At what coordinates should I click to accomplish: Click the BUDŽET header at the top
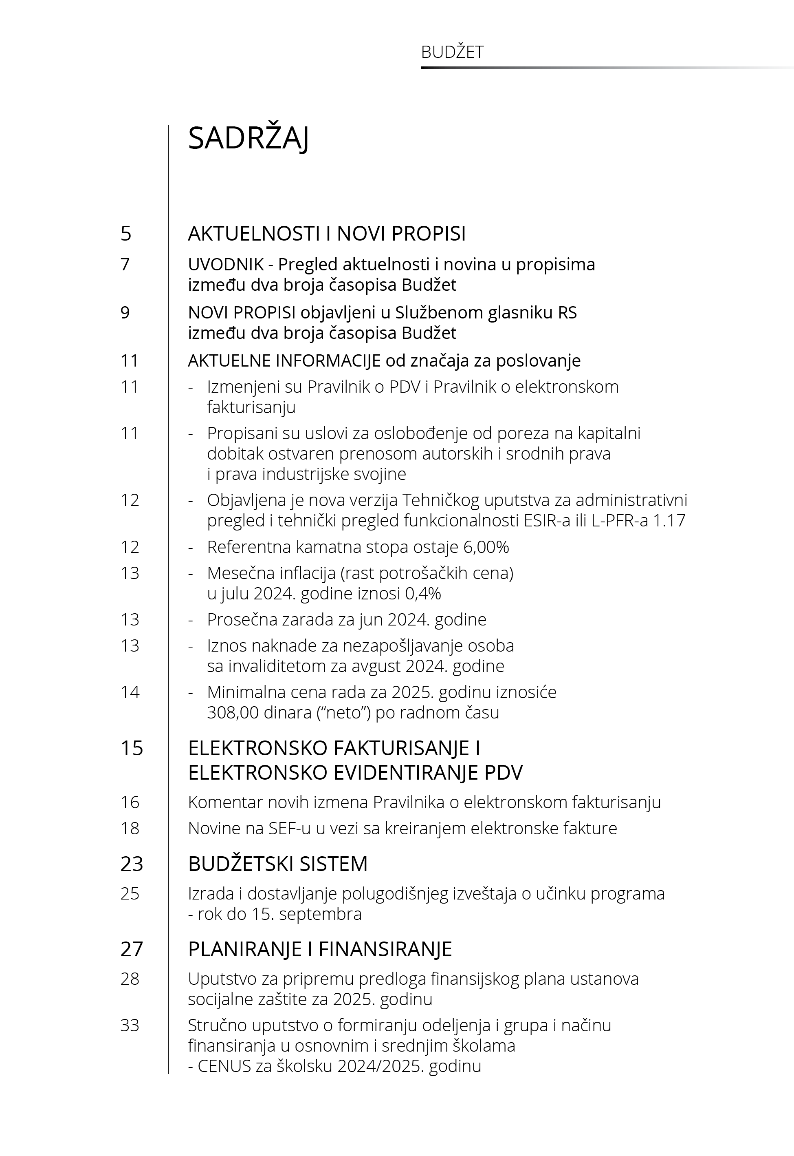(x=452, y=52)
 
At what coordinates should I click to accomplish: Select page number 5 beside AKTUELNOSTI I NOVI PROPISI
(x=126, y=234)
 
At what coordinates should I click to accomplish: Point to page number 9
(x=125, y=313)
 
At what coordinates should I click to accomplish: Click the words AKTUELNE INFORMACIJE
(x=284, y=360)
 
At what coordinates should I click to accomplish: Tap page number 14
(x=130, y=692)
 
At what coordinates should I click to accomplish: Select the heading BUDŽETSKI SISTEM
(x=277, y=864)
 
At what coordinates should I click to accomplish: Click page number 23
(x=131, y=864)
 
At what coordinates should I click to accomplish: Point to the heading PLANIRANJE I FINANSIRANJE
(x=320, y=949)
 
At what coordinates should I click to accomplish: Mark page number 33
(x=130, y=1025)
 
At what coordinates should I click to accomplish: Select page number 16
(x=130, y=802)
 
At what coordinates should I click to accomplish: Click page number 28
(x=130, y=979)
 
